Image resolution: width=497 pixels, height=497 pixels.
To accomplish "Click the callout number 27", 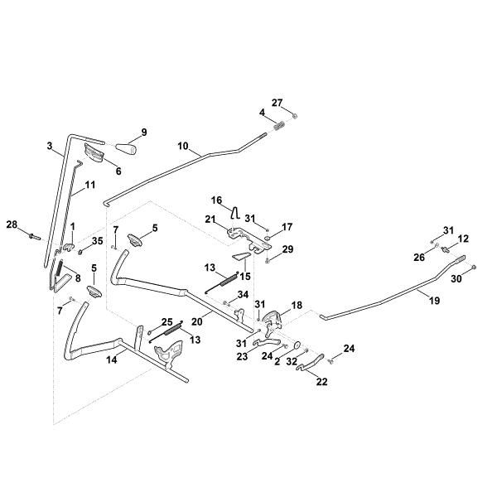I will pos(277,103).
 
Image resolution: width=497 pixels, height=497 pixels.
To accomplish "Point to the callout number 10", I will pos(183,146).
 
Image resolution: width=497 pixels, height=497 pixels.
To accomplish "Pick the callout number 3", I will pos(50,146).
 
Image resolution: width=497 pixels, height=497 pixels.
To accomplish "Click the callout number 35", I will pos(98,241).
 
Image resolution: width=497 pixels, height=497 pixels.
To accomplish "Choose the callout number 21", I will pos(210,219).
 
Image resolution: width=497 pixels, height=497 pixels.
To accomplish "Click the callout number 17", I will pos(287,226).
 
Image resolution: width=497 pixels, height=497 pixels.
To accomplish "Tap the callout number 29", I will pos(287,248).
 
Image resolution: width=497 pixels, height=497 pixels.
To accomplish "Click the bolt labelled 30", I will pos(469,268).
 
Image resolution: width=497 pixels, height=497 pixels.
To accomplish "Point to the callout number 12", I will pos(464,238).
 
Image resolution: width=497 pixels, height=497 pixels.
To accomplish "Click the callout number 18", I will pos(297,306).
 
